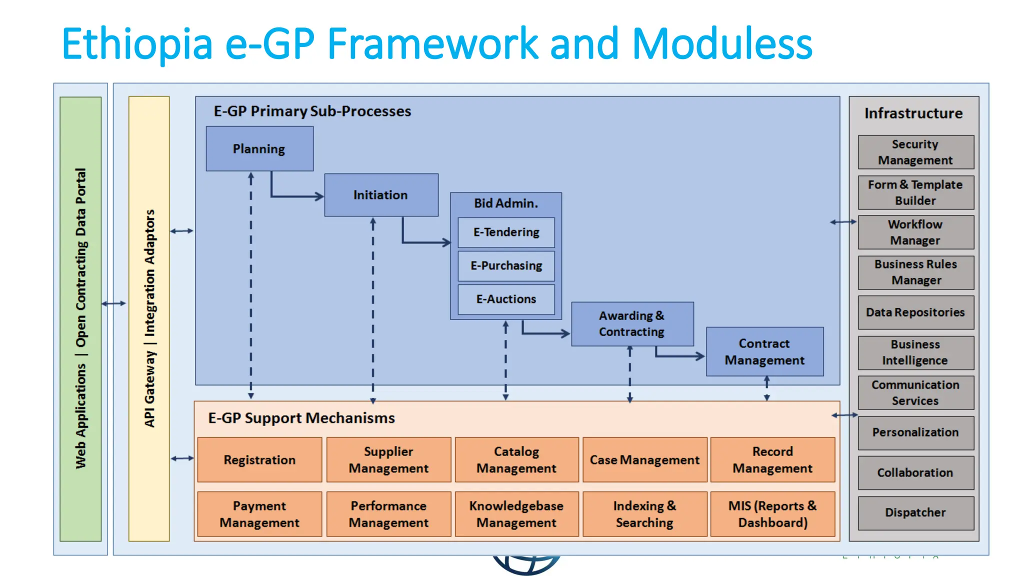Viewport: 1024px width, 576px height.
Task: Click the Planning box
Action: click(x=259, y=148)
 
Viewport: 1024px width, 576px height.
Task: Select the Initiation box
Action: click(x=381, y=195)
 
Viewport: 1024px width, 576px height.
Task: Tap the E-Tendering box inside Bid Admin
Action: click(x=506, y=232)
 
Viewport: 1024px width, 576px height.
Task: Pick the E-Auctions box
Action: click(x=506, y=299)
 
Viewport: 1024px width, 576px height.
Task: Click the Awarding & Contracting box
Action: click(x=632, y=323)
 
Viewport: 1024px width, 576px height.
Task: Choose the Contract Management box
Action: click(x=764, y=351)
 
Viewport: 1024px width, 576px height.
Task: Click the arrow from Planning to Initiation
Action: click(x=295, y=196)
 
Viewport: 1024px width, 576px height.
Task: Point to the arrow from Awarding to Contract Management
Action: click(x=680, y=356)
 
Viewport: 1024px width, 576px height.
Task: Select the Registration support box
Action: click(x=259, y=459)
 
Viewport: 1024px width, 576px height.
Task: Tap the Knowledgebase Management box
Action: click(x=516, y=514)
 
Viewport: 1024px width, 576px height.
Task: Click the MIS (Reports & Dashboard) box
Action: click(x=772, y=514)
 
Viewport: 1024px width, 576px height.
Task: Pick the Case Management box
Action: click(x=644, y=459)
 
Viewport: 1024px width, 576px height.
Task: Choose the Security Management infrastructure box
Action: click(x=915, y=152)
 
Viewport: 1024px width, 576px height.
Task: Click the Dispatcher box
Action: click(x=915, y=512)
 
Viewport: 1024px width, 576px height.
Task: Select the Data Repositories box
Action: click(x=915, y=312)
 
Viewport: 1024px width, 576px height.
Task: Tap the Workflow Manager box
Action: click(x=915, y=232)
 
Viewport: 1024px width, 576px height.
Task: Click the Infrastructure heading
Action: click(x=913, y=113)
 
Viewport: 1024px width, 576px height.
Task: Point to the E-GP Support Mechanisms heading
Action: click(x=301, y=418)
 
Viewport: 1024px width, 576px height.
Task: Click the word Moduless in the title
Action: click(x=722, y=44)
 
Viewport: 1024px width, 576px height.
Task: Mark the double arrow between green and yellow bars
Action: click(x=114, y=303)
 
